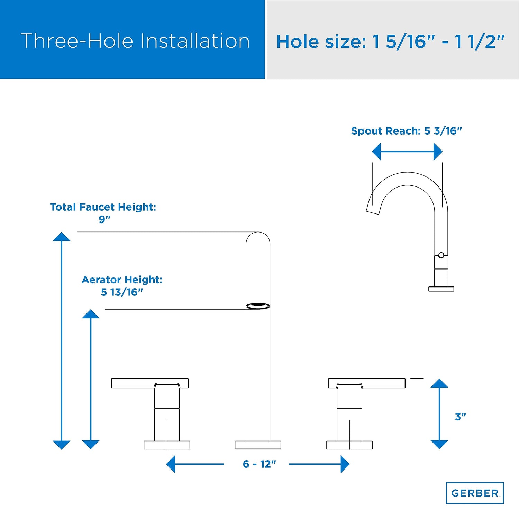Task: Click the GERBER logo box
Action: [x=475, y=493]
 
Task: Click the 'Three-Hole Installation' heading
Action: [x=135, y=41]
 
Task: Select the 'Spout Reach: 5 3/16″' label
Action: [x=407, y=131]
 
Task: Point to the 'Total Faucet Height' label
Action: [x=103, y=207]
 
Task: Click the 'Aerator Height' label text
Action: [x=122, y=280]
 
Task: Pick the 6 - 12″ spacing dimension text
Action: [x=259, y=464]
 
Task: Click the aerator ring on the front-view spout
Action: [x=258, y=306]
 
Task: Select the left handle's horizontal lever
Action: [x=150, y=383]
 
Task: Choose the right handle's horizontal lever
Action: [x=366, y=383]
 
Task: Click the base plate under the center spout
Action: [x=258, y=445]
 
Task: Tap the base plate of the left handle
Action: [x=167, y=445]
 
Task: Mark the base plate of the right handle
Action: [x=349, y=445]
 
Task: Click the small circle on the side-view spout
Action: [x=441, y=255]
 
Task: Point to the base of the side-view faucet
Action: [x=441, y=289]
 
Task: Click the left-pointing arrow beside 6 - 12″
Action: [x=195, y=464]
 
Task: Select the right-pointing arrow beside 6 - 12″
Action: [x=319, y=464]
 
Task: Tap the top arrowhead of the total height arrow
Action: [x=62, y=237]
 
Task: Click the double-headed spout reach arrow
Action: [x=407, y=152]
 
